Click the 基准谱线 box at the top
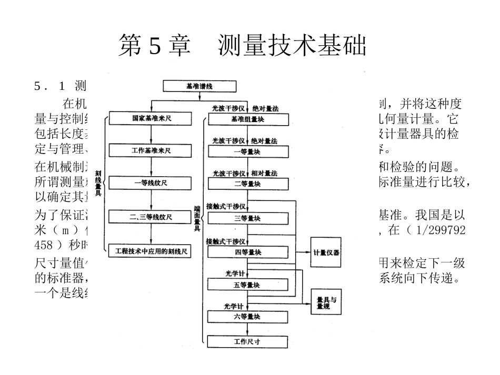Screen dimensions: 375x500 (x=199, y=86)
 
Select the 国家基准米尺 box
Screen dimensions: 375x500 (x=151, y=119)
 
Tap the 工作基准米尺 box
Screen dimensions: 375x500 (x=151, y=150)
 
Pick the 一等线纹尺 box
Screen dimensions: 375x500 (x=151, y=184)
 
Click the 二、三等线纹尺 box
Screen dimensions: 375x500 (x=151, y=217)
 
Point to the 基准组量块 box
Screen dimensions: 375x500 (x=248, y=119)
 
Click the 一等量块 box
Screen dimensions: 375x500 (x=248, y=151)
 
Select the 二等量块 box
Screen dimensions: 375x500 (x=248, y=184)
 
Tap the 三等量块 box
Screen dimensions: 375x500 (x=248, y=217)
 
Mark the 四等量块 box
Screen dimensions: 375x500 (x=248, y=252)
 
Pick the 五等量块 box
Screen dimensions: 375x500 (x=248, y=285)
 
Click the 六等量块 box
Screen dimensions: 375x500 (x=248, y=317)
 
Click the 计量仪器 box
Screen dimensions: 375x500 (x=326, y=252)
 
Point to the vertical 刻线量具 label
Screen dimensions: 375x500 (x=98, y=184)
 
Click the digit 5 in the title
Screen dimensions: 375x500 (x=155, y=45)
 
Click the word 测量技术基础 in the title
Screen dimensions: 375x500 (x=292, y=45)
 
